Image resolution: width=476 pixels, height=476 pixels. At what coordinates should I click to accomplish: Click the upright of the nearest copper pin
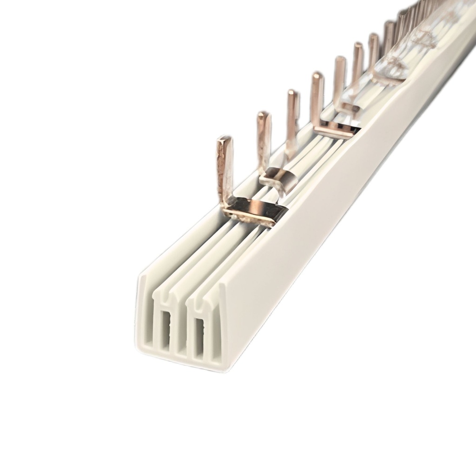click(225, 167)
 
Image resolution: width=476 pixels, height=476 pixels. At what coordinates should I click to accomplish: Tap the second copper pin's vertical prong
click(263, 139)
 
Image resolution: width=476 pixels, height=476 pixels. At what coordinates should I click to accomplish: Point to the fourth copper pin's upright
click(317, 98)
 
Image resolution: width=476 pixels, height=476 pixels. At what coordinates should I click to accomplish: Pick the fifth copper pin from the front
click(340, 79)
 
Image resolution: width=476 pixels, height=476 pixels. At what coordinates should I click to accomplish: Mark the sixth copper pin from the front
click(357, 63)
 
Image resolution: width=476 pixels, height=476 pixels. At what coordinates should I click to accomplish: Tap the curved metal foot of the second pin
click(279, 179)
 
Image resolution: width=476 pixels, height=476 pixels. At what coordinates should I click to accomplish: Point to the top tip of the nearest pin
click(225, 139)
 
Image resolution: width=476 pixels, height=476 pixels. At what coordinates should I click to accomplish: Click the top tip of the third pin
click(293, 93)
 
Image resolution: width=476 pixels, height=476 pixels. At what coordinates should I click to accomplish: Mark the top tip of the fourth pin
click(317, 75)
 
